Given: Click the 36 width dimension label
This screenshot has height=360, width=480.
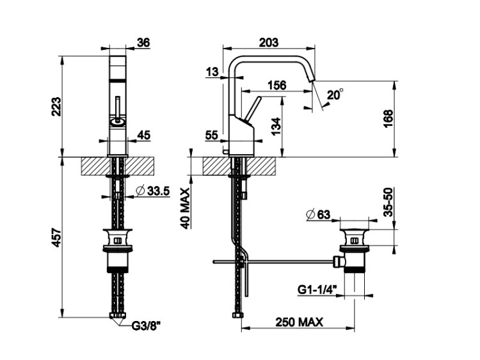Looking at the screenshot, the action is click(143, 42).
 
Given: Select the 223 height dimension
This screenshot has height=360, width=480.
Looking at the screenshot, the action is click(56, 107).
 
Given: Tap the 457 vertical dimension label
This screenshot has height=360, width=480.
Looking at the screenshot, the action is click(56, 237).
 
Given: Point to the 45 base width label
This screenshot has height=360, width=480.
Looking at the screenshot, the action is click(143, 134).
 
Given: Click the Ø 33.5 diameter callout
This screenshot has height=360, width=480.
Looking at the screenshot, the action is click(152, 191).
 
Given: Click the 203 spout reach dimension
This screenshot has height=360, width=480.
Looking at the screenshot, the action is click(269, 42).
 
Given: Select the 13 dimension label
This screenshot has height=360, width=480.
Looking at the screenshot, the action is click(212, 72).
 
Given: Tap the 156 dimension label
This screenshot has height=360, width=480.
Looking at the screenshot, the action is click(277, 85).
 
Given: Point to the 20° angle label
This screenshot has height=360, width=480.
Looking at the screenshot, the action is click(335, 95).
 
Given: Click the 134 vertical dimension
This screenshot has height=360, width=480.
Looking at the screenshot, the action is click(275, 127).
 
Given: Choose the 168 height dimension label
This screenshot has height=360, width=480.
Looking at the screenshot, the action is click(388, 119).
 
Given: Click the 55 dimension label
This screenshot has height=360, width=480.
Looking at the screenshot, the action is click(212, 135).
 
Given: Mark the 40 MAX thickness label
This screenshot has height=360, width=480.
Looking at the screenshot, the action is click(185, 208).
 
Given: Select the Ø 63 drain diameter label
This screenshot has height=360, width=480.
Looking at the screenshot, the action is click(318, 215).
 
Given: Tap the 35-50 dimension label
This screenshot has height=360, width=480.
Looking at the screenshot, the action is click(388, 202).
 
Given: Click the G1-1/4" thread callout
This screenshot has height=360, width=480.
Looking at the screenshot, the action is click(317, 290).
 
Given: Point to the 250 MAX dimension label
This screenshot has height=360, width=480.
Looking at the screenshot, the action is click(299, 322).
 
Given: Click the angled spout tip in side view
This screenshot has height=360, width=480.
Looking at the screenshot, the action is click(310, 78).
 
